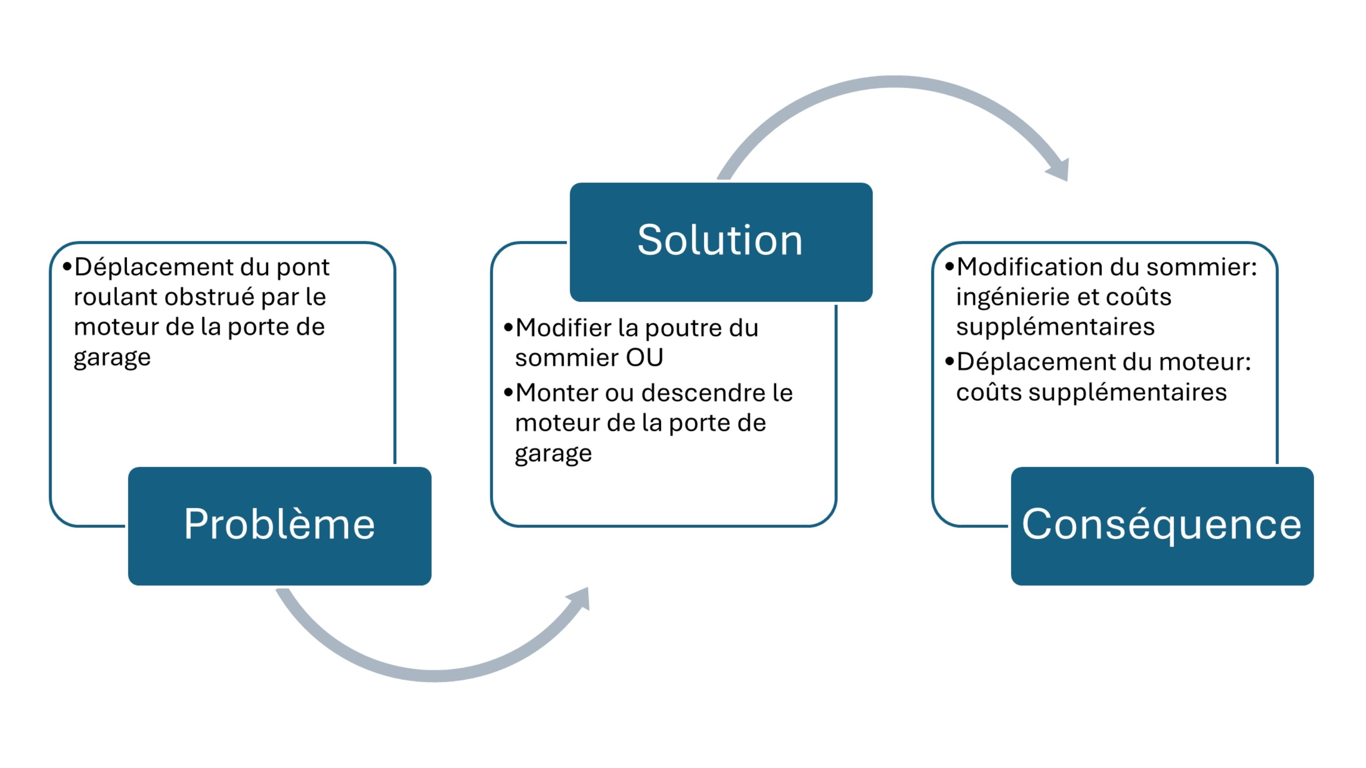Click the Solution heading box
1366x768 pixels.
[x=721, y=242]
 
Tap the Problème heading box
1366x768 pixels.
[x=279, y=526]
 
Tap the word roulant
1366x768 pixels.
[x=115, y=297]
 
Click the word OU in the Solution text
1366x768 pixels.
[x=644, y=358]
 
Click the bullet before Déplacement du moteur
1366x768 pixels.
[x=949, y=362]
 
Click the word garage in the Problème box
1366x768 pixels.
[x=112, y=358]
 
